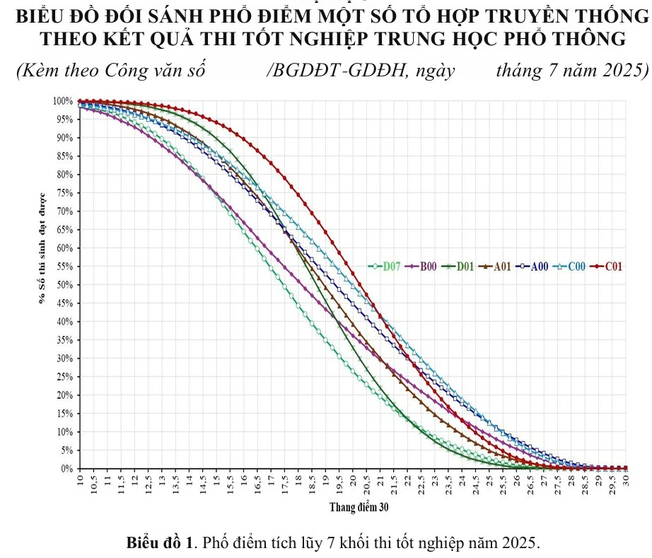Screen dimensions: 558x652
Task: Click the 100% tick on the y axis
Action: [62, 101]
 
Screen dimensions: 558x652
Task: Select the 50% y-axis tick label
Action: [64, 285]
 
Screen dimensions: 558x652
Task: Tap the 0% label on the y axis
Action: [66, 469]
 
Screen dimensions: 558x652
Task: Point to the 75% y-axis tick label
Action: [64, 193]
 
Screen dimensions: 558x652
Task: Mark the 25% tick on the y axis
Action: [64, 377]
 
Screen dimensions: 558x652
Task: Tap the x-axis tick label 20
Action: [353, 482]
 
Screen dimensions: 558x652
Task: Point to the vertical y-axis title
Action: [42, 248]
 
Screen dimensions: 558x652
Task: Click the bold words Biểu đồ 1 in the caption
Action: [159, 543]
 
